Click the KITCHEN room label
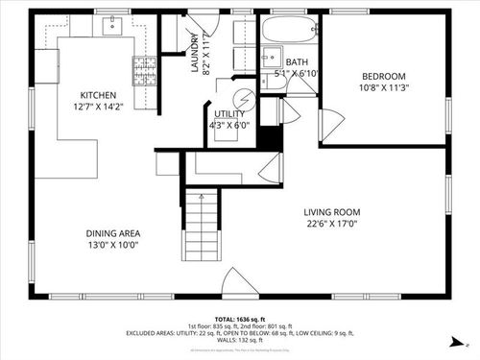pyautogui.click(x=98, y=95)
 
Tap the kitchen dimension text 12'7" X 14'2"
pyautogui.click(x=98, y=108)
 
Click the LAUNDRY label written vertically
pyautogui.click(x=194, y=53)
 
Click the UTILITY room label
pyautogui.click(x=228, y=112)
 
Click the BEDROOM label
pyautogui.click(x=384, y=77)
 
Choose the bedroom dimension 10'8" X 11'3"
pyautogui.click(x=384, y=89)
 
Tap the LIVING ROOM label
pyautogui.click(x=331, y=213)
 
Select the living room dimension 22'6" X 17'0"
pyautogui.click(x=331, y=226)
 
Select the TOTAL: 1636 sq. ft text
pyautogui.click(x=239, y=318)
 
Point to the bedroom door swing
pyautogui.click(x=331, y=123)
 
